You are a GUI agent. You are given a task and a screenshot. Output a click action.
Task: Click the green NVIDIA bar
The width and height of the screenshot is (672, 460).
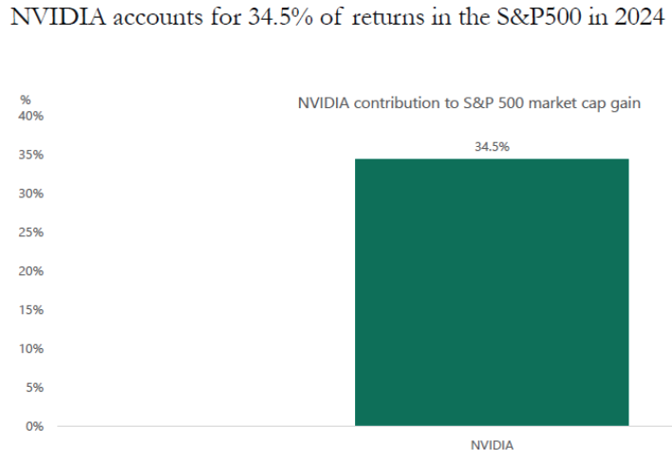[491, 292]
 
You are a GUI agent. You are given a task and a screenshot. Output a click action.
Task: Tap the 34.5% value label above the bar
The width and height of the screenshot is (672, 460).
[492, 147]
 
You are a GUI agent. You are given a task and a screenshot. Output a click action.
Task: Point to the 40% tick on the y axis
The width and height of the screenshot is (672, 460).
[32, 116]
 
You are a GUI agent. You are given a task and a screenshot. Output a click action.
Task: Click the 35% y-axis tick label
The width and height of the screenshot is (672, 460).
[32, 155]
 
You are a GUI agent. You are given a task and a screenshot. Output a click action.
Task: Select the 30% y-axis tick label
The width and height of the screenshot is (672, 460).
[32, 193]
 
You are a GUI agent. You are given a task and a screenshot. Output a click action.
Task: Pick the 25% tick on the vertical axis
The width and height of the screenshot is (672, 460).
[32, 232]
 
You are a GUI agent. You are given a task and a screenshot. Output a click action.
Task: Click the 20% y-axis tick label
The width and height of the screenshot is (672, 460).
[32, 271]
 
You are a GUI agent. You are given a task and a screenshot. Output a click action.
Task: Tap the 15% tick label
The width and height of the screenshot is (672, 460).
[32, 310]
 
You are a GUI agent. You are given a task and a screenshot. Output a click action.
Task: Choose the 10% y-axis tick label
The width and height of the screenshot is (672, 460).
[32, 349]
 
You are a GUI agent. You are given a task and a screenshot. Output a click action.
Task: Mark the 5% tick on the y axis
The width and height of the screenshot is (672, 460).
[35, 387]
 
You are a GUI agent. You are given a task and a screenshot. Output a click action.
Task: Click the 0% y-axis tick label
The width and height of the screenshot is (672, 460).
[35, 426]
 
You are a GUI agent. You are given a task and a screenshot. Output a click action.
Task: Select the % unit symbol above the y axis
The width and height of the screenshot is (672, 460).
[26, 100]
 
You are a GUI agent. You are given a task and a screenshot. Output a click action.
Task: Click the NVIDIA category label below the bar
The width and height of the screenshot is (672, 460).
[492, 444]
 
